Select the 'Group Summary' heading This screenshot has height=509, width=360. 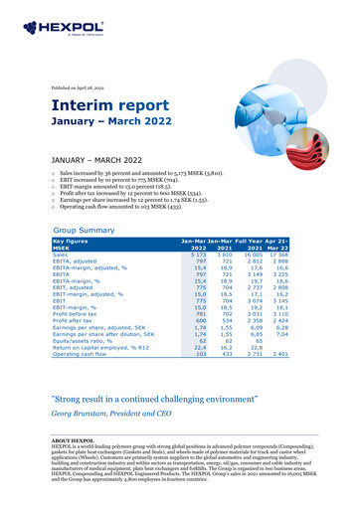click(89, 228)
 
